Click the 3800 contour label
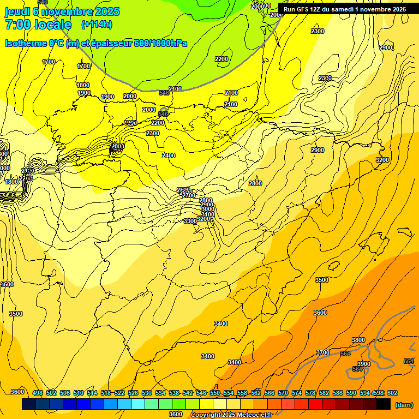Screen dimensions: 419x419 click(358, 340)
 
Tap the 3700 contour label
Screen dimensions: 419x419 click(323, 352)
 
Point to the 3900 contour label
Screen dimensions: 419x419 click(363, 364)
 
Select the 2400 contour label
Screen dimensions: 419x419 click(169, 155)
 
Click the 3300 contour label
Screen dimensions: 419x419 click(190, 221)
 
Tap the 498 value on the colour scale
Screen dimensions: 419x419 click(37, 393)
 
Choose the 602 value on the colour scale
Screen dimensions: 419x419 click(392, 393)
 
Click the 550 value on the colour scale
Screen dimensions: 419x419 click(215, 393)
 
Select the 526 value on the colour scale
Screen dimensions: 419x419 click(133, 393)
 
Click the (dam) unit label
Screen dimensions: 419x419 click(404, 404)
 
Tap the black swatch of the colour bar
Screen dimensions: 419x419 click(384, 404)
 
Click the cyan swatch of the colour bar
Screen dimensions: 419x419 click(138, 404)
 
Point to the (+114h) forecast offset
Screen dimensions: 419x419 click(97, 24)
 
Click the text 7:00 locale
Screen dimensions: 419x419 click(38, 25)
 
